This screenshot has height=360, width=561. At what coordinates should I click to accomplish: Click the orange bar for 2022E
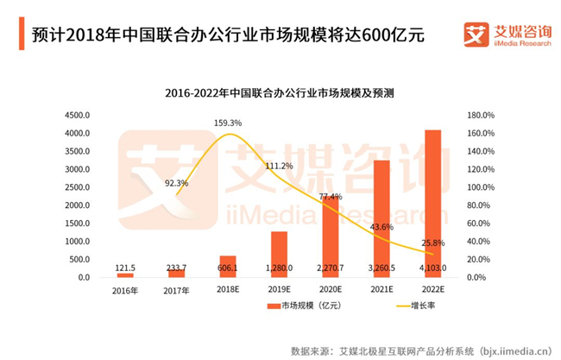[432, 203]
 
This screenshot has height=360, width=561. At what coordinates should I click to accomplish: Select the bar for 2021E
[381, 218]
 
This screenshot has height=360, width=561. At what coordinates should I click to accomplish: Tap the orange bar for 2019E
[279, 255]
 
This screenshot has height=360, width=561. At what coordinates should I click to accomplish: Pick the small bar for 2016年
[125, 275]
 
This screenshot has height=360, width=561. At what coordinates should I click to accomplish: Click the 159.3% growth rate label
[228, 123]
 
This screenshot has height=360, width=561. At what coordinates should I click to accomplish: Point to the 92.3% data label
[176, 183]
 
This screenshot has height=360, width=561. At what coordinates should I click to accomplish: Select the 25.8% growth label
[433, 243]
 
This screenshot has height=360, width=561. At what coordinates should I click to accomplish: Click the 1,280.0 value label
[279, 268]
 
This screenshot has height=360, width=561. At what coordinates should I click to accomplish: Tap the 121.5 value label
[125, 268]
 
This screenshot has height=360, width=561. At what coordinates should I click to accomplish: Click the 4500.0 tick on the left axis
[77, 115]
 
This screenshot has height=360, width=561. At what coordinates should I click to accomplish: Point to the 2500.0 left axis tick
[77, 187]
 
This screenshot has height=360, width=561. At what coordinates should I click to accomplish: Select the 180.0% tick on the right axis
[481, 115]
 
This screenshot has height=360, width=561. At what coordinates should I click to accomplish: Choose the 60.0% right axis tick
[478, 224]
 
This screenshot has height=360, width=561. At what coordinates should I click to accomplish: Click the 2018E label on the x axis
[228, 289]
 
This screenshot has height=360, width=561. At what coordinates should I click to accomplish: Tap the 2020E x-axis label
[331, 289]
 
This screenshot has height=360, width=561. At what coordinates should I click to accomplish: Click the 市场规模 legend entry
[304, 306]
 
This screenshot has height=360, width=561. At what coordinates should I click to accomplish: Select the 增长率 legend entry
[416, 306]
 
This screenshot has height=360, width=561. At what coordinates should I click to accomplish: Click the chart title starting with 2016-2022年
[280, 93]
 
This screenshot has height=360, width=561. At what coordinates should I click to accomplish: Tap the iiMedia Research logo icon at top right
[476, 35]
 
